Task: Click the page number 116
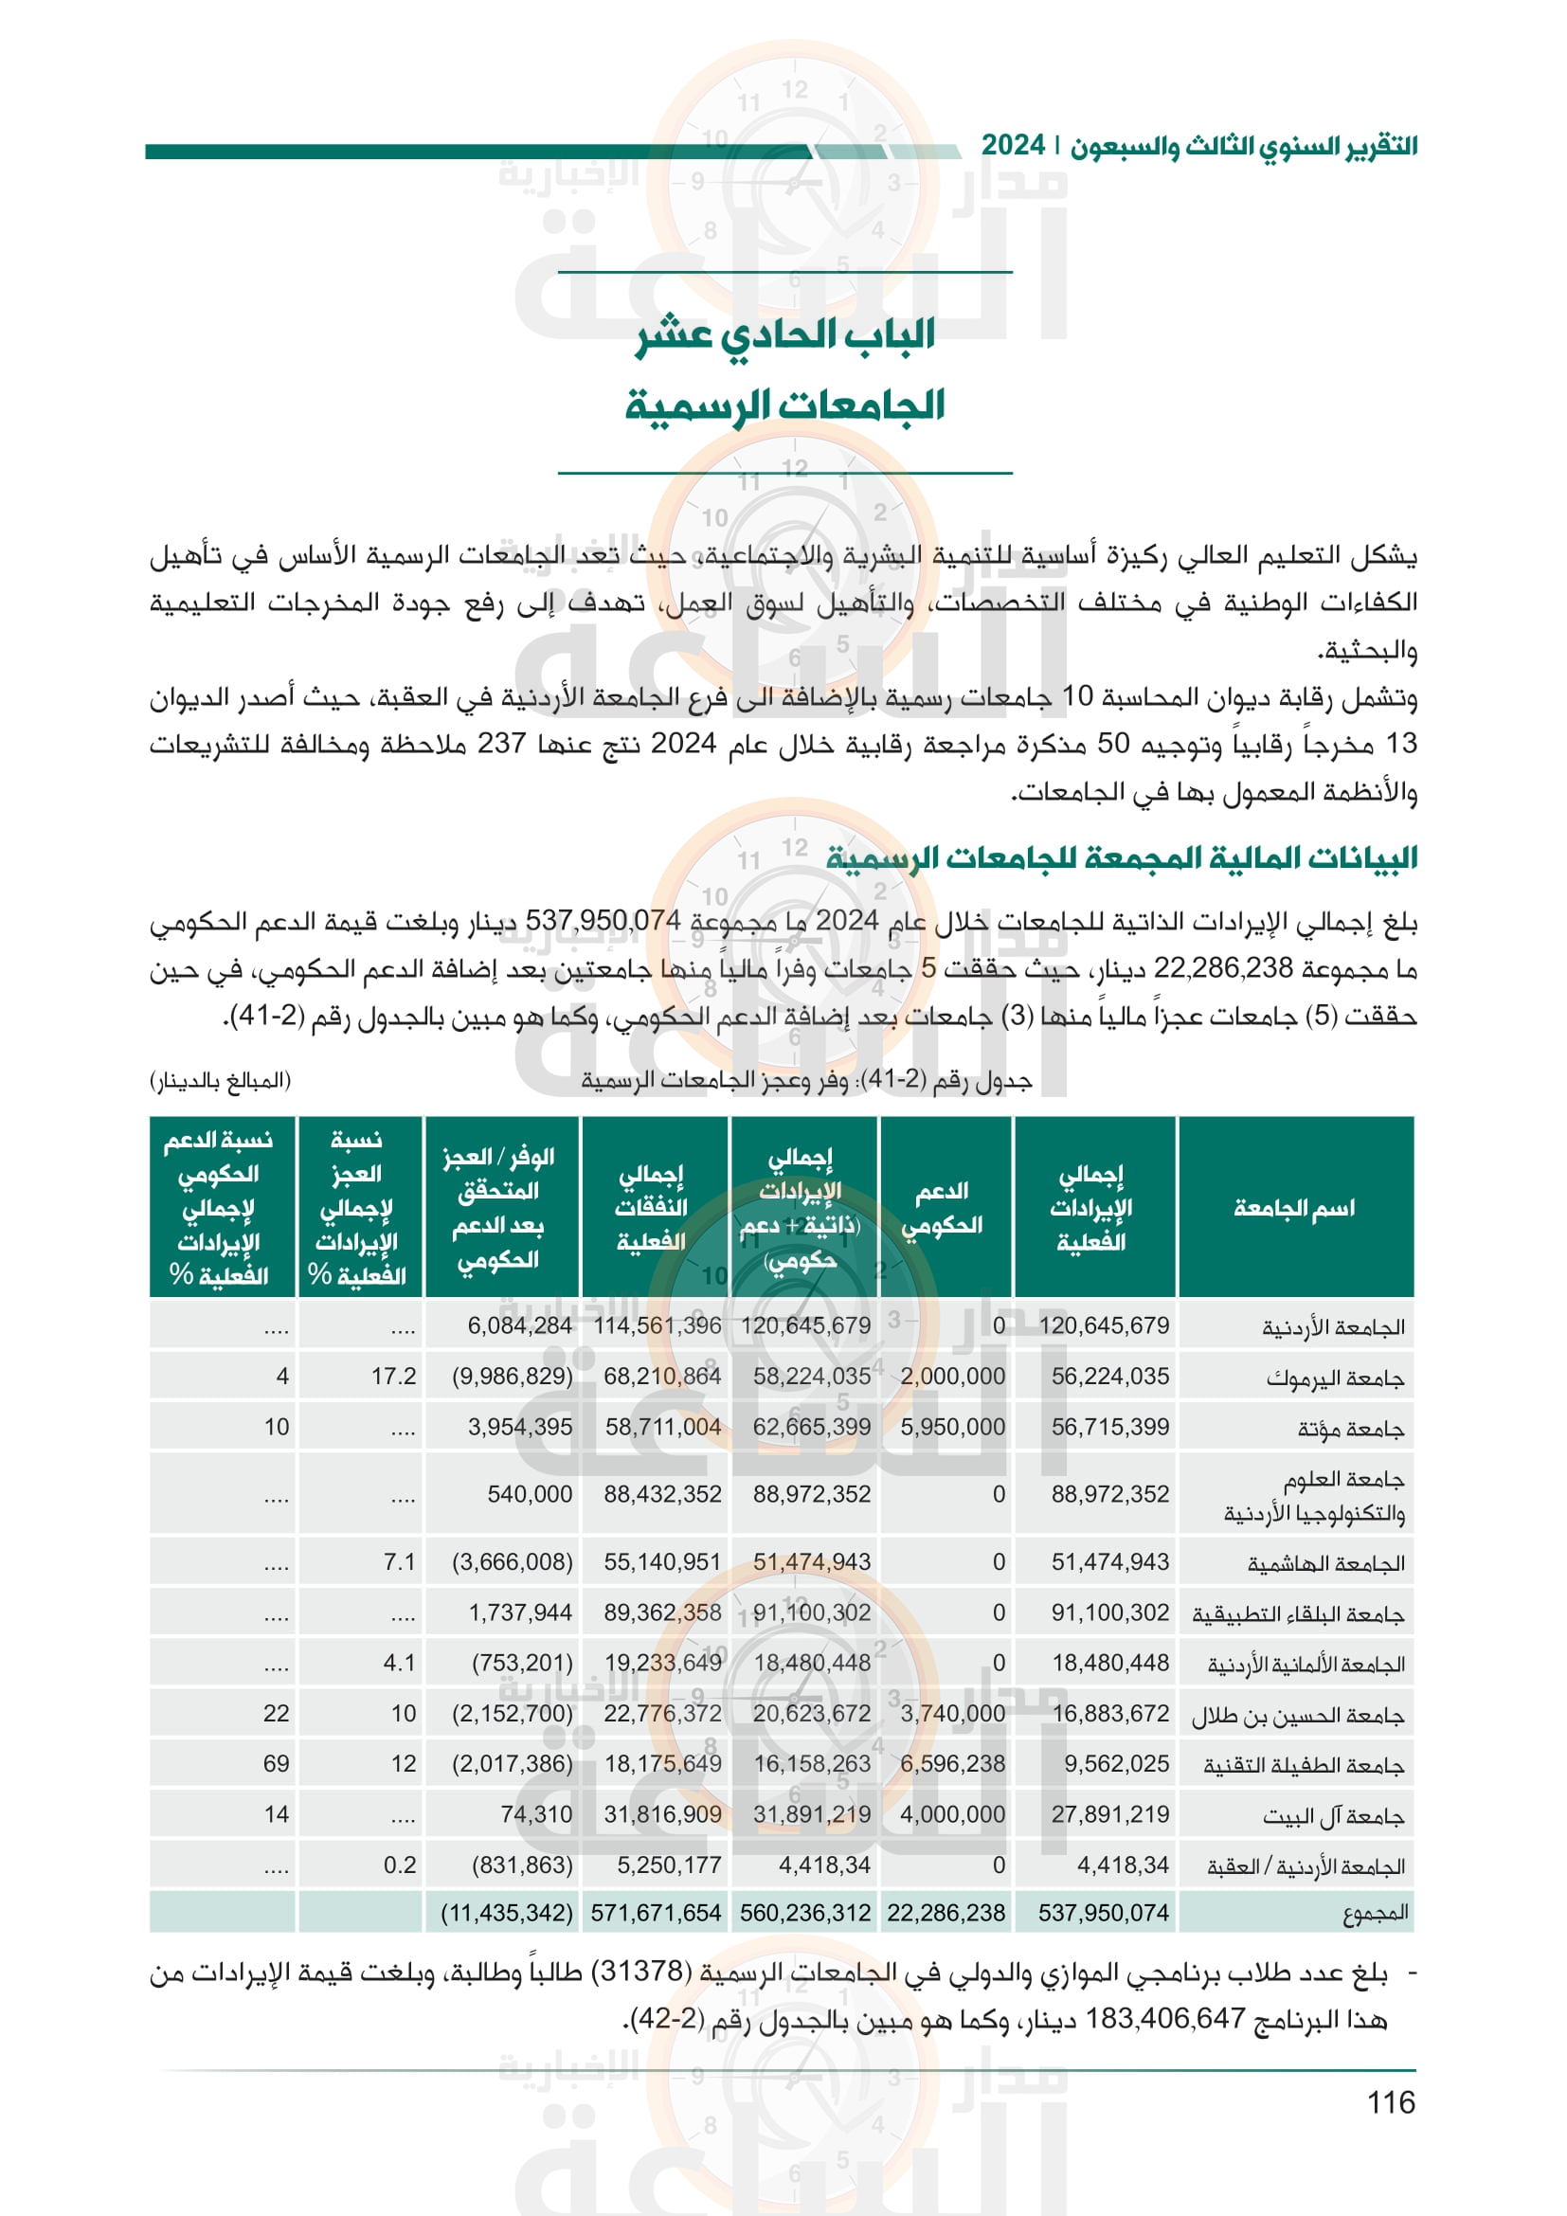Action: (1391, 2103)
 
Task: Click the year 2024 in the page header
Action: (1013, 146)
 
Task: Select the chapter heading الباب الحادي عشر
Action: (784, 334)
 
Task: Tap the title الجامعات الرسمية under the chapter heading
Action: (784, 405)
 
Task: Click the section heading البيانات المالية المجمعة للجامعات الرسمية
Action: (1121, 857)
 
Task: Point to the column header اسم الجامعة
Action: (1294, 1207)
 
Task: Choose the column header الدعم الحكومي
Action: (943, 1207)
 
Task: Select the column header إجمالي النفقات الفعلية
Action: (651, 1207)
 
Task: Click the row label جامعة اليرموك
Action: (1336, 1378)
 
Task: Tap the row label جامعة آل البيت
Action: (1334, 1815)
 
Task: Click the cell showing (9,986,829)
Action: (513, 1377)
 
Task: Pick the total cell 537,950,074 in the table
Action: (1103, 1913)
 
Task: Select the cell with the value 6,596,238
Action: (952, 1763)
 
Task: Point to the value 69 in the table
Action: (276, 1763)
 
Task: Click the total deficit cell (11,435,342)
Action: (507, 1913)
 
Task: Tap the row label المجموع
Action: (1375, 1913)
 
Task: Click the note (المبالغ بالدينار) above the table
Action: (220, 1080)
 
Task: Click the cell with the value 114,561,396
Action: (657, 1326)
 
